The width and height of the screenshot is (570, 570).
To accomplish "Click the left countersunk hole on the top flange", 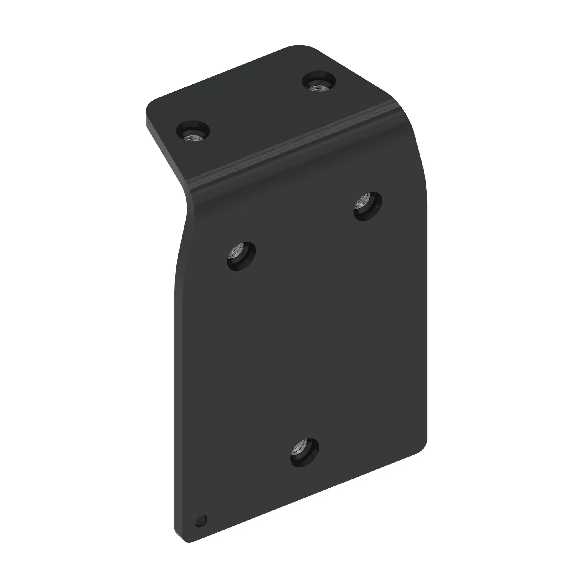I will point(193,131).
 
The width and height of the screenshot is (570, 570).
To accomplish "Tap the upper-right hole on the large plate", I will point(368,206).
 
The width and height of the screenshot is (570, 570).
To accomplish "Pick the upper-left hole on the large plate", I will point(241,256).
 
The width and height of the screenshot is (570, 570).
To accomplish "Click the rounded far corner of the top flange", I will point(301,47).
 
